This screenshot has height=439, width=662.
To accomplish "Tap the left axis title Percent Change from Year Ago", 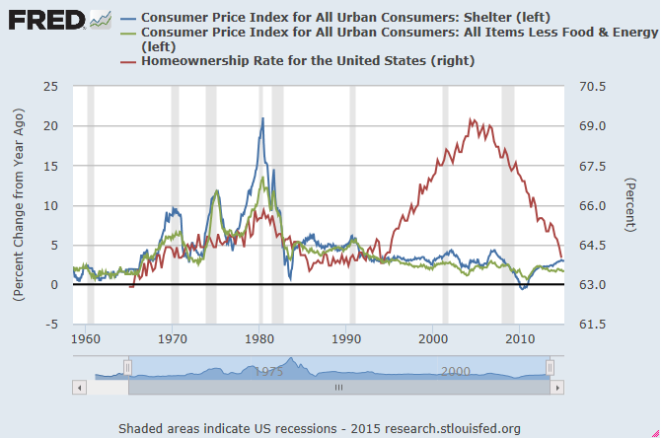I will click(x=19, y=205).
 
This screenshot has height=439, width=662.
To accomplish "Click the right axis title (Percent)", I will click(x=628, y=205).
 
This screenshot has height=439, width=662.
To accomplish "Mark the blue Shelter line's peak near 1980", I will click(x=262, y=118).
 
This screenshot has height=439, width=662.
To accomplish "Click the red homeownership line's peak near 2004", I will click(x=472, y=120).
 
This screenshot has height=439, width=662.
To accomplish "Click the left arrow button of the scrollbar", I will click(x=79, y=388).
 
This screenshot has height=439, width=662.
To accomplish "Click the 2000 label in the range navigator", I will click(x=455, y=371).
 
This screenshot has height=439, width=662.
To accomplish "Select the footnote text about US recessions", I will click(x=319, y=428).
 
